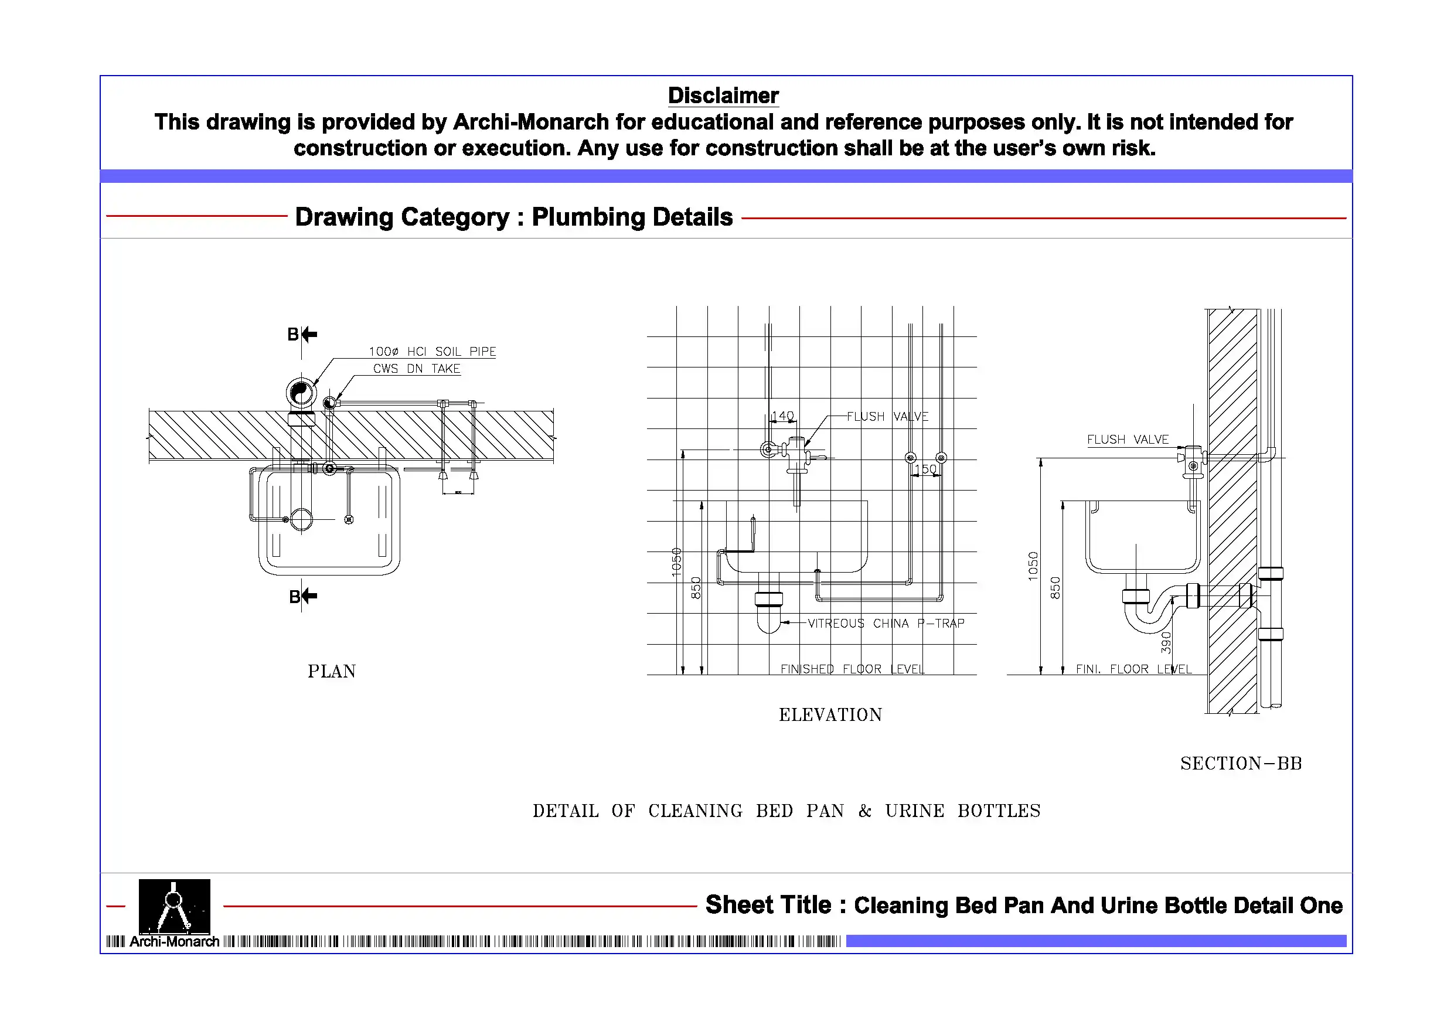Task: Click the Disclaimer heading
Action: [723, 96]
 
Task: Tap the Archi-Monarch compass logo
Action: [174, 907]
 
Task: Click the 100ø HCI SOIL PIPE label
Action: [433, 352]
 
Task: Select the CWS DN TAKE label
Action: [416, 369]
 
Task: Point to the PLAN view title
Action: [331, 672]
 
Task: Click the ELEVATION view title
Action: [830, 715]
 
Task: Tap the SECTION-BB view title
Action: [1241, 764]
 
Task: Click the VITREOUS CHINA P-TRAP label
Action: [886, 623]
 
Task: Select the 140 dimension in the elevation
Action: [783, 416]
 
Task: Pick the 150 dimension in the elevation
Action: [925, 469]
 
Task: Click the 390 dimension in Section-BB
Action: [1166, 642]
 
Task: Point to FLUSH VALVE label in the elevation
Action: [887, 416]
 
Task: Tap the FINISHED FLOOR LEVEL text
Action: [852, 669]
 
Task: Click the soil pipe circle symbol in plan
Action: [301, 393]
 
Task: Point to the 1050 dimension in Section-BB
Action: [1033, 566]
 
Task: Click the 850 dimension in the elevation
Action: [696, 588]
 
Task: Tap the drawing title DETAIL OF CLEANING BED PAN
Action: [786, 811]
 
